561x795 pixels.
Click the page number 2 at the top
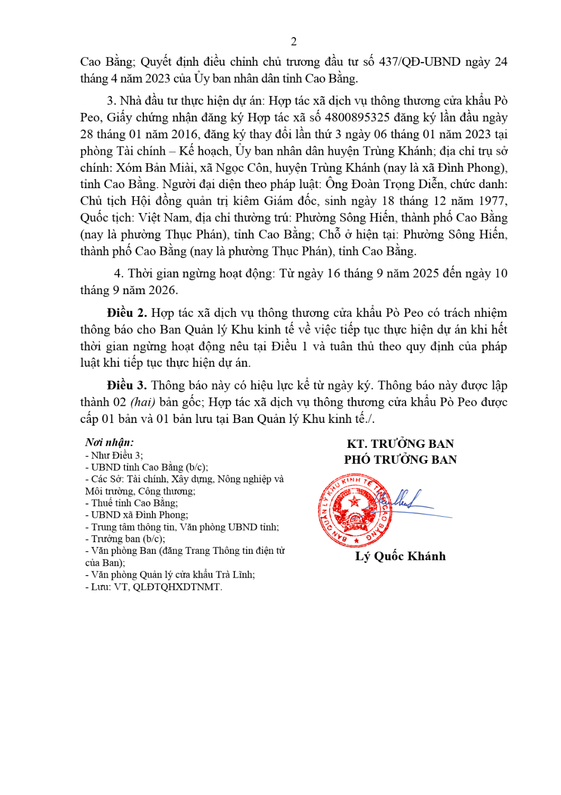tap(294, 41)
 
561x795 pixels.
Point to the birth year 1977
tap(493, 201)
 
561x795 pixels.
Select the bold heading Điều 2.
tap(126, 313)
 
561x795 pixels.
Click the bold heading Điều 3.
tap(126, 386)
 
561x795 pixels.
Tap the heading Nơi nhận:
tap(110, 443)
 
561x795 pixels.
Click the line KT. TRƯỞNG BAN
tap(400, 444)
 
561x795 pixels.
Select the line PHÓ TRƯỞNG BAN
tap(400, 460)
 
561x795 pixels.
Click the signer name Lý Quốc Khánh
tap(400, 556)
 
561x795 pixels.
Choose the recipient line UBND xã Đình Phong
tap(139, 515)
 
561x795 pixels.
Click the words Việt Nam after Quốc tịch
tap(164, 218)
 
